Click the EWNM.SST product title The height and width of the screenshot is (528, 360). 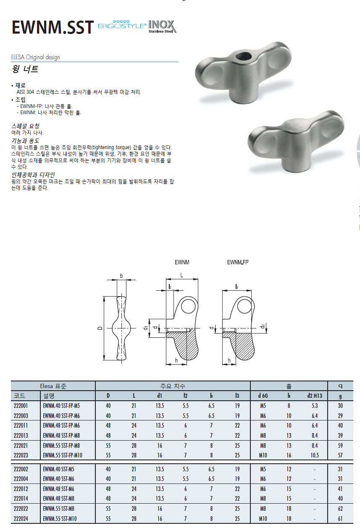coord(53,28)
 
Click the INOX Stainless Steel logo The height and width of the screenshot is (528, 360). coord(162,26)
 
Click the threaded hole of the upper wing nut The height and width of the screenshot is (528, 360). coord(244,57)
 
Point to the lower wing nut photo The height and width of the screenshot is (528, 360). coord(296,142)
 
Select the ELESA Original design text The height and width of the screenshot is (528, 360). coord(35,57)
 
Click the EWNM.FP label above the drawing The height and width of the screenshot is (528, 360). coord(238,263)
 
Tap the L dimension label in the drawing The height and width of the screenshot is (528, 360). coord(181,275)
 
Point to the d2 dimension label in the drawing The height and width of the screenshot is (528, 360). coord(262,326)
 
